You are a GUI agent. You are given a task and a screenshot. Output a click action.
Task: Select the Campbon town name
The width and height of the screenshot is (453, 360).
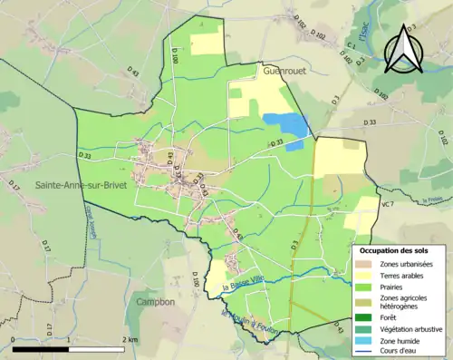156,302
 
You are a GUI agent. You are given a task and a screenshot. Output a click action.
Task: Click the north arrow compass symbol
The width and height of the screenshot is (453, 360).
402,49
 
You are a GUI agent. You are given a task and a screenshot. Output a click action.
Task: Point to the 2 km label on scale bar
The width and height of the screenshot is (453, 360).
130,337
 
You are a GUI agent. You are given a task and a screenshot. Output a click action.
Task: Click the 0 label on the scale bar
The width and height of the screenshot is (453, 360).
12,337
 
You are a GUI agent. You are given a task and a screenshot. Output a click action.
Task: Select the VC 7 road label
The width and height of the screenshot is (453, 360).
387,206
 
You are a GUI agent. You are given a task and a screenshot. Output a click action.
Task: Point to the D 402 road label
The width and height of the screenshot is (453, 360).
345,60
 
